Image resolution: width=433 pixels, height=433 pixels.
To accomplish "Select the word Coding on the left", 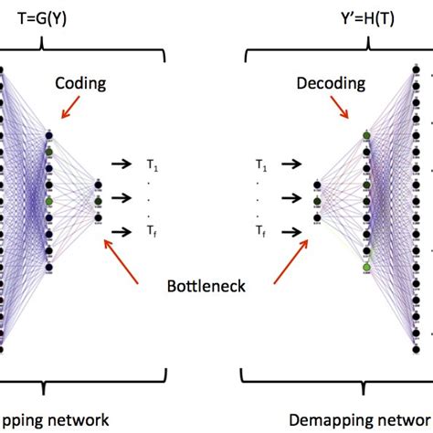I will (79, 84).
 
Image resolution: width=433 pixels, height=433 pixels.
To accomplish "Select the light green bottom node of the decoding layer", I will (367, 267).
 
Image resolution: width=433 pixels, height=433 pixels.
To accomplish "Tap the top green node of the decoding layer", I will (367, 136).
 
